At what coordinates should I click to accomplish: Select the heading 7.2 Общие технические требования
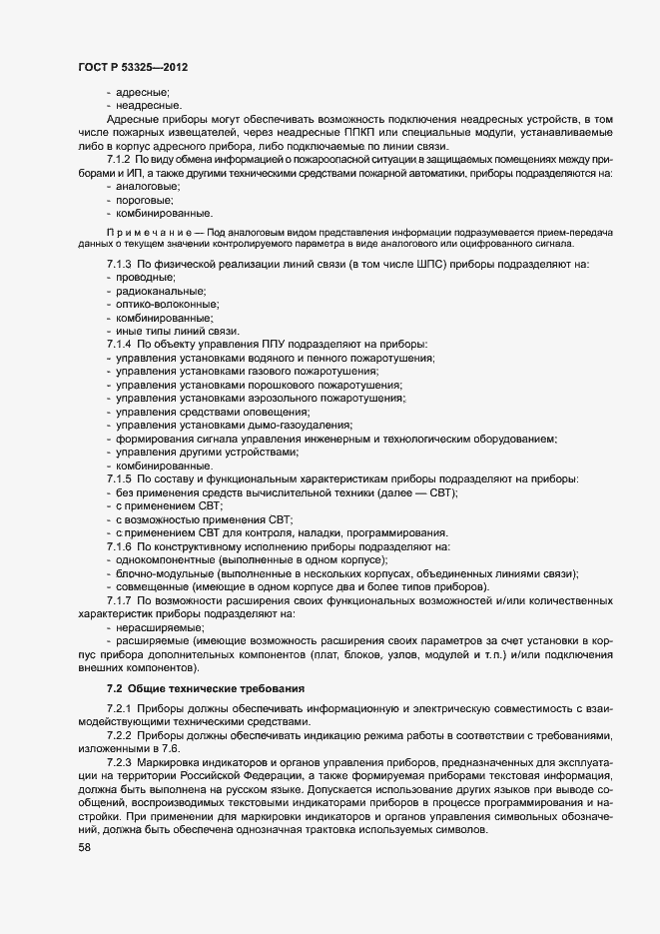click(199, 689)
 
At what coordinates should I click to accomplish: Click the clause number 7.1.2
click(119, 160)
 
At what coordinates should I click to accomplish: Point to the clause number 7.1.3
click(119, 264)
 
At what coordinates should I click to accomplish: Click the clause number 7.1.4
click(119, 344)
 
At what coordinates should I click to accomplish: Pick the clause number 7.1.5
click(119, 478)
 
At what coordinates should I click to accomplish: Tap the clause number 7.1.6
click(119, 546)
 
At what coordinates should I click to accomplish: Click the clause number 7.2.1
click(119, 708)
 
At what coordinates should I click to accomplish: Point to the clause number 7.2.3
click(119, 762)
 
